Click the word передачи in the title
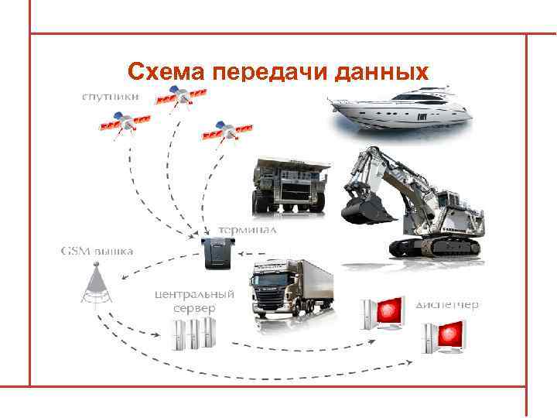click(x=268, y=74)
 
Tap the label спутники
click(x=112, y=97)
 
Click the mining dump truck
click(x=290, y=186)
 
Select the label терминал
click(x=248, y=230)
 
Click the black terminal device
click(x=221, y=254)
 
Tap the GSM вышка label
click(x=96, y=251)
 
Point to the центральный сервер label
click(x=194, y=301)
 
